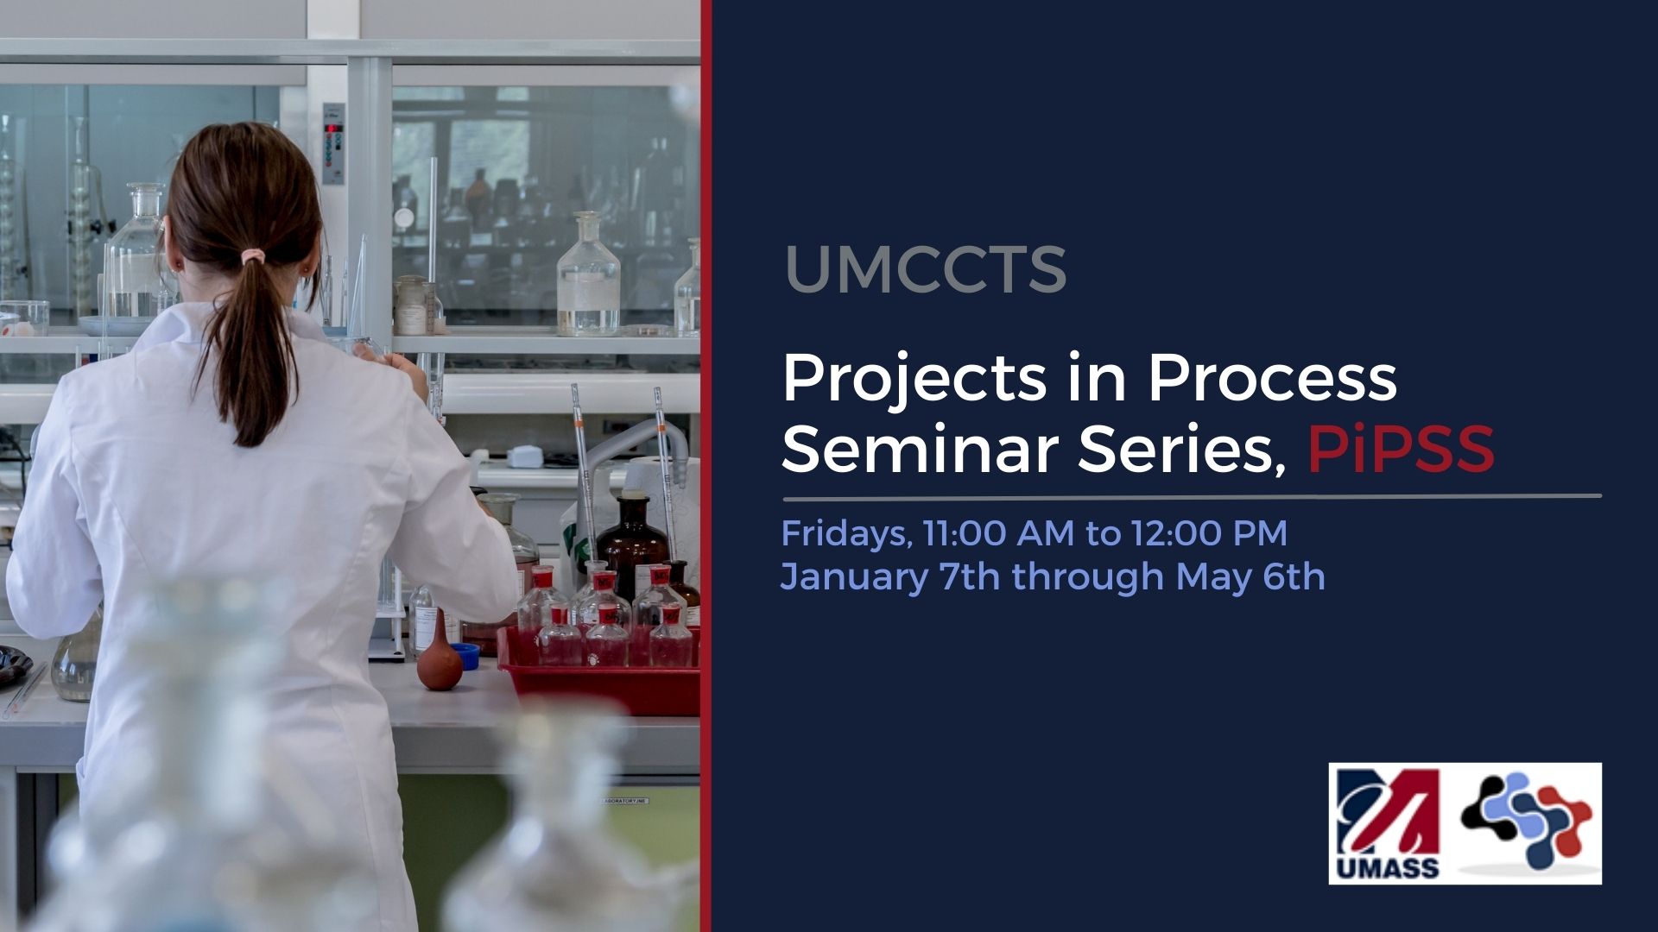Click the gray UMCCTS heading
click(926, 269)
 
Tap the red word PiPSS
click(1401, 449)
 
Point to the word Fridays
click(845, 533)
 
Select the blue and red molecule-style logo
click(1526, 821)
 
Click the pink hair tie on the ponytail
click(252, 256)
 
